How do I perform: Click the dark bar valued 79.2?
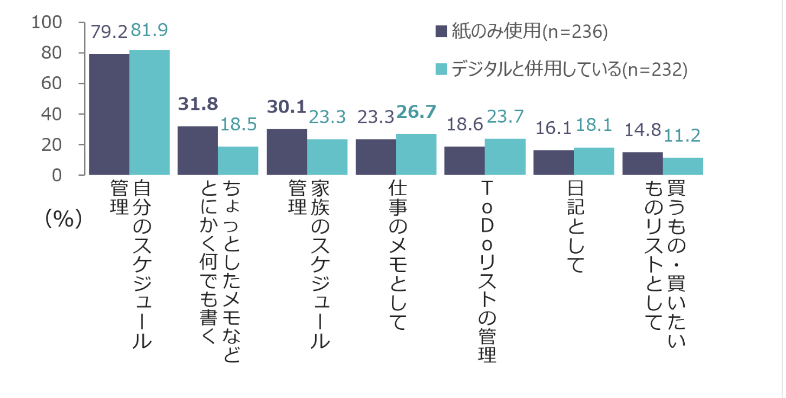click(x=109, y=114)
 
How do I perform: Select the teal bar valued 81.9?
click(x=149, y=112)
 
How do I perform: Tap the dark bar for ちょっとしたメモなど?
click(x=198, y=150)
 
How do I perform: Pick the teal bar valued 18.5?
click(x=238, y=161)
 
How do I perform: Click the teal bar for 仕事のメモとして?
click(x=416, y=154)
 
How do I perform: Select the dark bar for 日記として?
click(x=553, y=162)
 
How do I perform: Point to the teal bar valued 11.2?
click(x=683, y=166)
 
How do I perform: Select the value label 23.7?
click(x=505, y=117)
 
